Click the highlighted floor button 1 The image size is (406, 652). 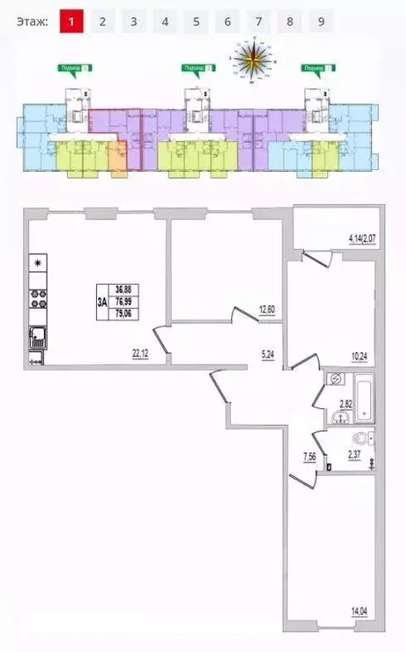click(x=71, y=22)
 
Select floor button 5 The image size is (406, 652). click(x=195, y=22)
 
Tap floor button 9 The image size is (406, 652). click(x=321, y=22)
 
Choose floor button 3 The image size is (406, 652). click(x=133, y=22)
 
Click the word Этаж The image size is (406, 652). click(x=32, y=22)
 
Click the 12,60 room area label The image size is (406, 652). click(x=268, y=310)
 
